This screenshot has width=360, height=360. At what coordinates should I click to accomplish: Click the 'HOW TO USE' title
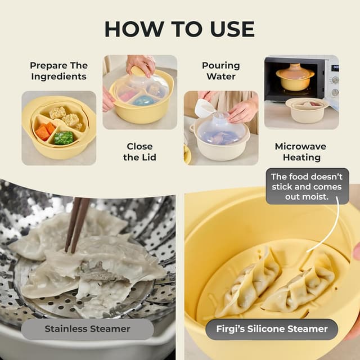click(x=179, y=29)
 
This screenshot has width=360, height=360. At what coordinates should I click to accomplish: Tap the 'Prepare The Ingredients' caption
click(x=58, y=71)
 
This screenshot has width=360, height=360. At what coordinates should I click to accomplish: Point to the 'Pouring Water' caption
click(x=221, y=71)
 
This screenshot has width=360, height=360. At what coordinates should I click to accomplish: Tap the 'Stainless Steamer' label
click(x=88, y=329)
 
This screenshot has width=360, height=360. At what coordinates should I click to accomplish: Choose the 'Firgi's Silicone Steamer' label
click(x=271, y=329)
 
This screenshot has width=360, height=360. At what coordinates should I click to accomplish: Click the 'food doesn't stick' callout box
click(x=307, y=186)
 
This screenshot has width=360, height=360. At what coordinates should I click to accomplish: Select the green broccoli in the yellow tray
click(x=64, y=138)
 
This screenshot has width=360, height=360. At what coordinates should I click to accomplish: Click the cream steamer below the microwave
click(x=307, y=110)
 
